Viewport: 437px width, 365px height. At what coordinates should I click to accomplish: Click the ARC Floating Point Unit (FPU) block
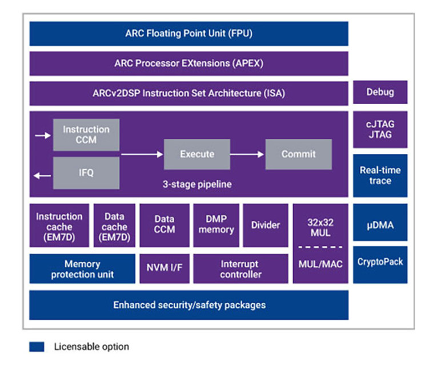pyautogui.click(x=189, y=33)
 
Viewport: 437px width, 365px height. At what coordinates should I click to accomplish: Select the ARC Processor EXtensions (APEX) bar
pyautogui.click(x=189, y=64)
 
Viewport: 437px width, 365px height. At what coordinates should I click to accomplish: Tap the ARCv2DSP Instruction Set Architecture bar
pyautogui.click(x=189, y=93)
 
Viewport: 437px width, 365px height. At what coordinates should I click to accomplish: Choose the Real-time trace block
pyautogui.click(x=380, y=175)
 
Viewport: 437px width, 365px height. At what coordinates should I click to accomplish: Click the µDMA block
pyautogui.click(x=380, y=225)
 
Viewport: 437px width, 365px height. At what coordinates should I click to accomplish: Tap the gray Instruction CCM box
pyautogui.click(x=86, y=135)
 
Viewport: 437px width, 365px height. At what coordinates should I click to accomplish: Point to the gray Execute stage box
pyautogui.click(x=197, y=154)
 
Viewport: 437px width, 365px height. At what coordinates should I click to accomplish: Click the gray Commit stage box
pyautogui.click(x=298, y=154)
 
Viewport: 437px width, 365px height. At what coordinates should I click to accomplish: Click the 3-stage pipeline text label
pyautogui.click(x=197, y=184)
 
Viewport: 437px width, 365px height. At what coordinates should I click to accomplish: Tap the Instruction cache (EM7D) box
pyautogui.click(x=59, y=225)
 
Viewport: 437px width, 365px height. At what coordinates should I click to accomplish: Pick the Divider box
pyautogui.click(x=266, y=225)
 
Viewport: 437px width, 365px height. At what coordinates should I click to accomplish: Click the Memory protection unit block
pyautogui.click(x=82, y=269)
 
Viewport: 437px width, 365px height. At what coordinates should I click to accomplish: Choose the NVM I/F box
pyautogui.click(x=164, y=269)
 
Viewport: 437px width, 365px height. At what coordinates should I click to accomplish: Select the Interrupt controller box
pyautogui.click(x=240, y=269)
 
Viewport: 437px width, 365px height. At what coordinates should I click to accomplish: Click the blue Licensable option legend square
pyautogui.click(x=37, y=347)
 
